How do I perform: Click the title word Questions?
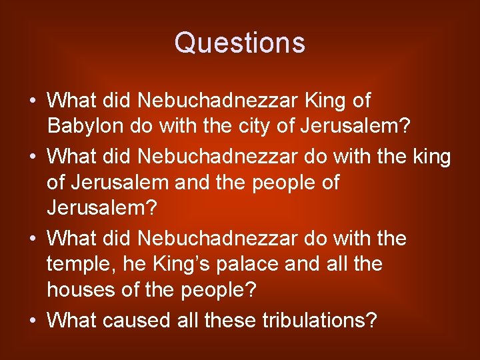239,43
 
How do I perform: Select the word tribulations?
306,321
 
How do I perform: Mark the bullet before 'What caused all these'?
33,321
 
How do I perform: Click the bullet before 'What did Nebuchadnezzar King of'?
33,101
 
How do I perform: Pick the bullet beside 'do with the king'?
33,157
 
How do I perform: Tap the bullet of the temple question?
33,239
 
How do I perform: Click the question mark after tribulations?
372,321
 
